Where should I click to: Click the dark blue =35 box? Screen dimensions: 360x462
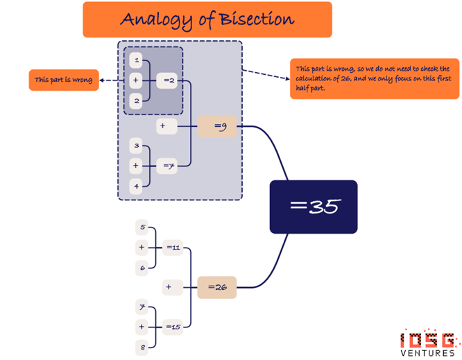[x=313, y=207]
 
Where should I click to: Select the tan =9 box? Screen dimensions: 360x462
[x=217, y=126]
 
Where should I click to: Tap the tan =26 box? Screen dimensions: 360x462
[x=217, y=286]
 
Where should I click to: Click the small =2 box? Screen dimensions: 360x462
[x=166, y=81]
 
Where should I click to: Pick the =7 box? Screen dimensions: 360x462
[x=166, y=166]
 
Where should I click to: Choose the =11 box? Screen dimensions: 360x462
[x=173, y=246]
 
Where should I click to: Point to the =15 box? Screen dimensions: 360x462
[x=173, y=326]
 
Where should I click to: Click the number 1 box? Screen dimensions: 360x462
[x=137, y=61]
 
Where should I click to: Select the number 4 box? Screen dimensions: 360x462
[x=137, y=186]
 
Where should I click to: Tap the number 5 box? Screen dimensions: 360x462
[x=143, y=227]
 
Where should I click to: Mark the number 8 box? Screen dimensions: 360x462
[x=143, y=347]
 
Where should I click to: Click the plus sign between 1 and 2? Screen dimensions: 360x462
[x=137, y=81]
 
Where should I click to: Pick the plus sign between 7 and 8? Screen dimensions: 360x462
[x=142, y=326]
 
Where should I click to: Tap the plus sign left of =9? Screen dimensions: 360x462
[x=163, y=126]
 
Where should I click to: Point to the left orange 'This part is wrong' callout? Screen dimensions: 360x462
[x=63, y=80]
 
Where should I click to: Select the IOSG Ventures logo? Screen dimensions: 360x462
[x=428, y=343]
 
